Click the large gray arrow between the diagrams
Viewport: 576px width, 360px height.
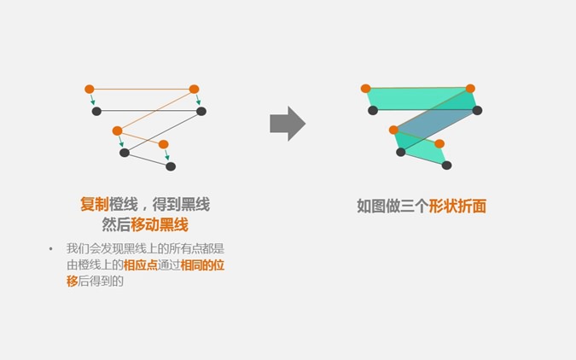pos(288,124)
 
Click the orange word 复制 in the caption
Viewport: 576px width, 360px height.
pos(94,206)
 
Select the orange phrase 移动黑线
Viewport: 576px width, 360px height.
pos(160,225)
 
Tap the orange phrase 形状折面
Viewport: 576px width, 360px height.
pos(457,206)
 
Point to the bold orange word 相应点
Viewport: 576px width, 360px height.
pos(140,265)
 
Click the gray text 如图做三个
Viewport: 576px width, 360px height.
pos(393,206)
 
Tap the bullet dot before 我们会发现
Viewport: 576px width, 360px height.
pos(50,249)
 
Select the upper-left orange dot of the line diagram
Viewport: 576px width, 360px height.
pos(90,89)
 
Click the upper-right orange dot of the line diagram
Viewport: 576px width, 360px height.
pos(194,89)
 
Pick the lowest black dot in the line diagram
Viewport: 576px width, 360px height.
pos(171,166)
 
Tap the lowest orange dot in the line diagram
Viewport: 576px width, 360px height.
pos(164,144)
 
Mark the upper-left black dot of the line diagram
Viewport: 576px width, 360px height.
pos(96,111)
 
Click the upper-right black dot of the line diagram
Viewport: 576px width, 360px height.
pos(201,111)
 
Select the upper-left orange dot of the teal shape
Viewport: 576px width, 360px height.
pos(366,88)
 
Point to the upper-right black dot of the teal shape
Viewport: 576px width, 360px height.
pos(477,110)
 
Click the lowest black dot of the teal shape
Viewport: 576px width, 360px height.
pos(446,165)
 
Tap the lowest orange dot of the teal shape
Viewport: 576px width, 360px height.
pos(439,143)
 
